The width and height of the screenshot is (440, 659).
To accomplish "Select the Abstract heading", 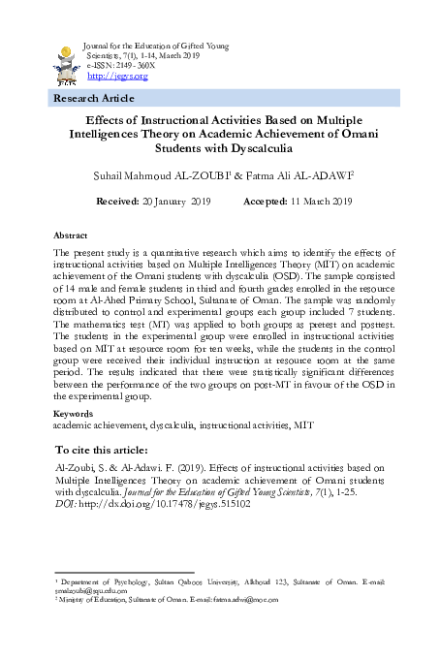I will point(70,235).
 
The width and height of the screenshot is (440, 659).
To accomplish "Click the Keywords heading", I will point(74,415).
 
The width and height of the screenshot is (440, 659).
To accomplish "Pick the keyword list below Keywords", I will point(183,424).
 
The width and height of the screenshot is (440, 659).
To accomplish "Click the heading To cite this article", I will point(102,451).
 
